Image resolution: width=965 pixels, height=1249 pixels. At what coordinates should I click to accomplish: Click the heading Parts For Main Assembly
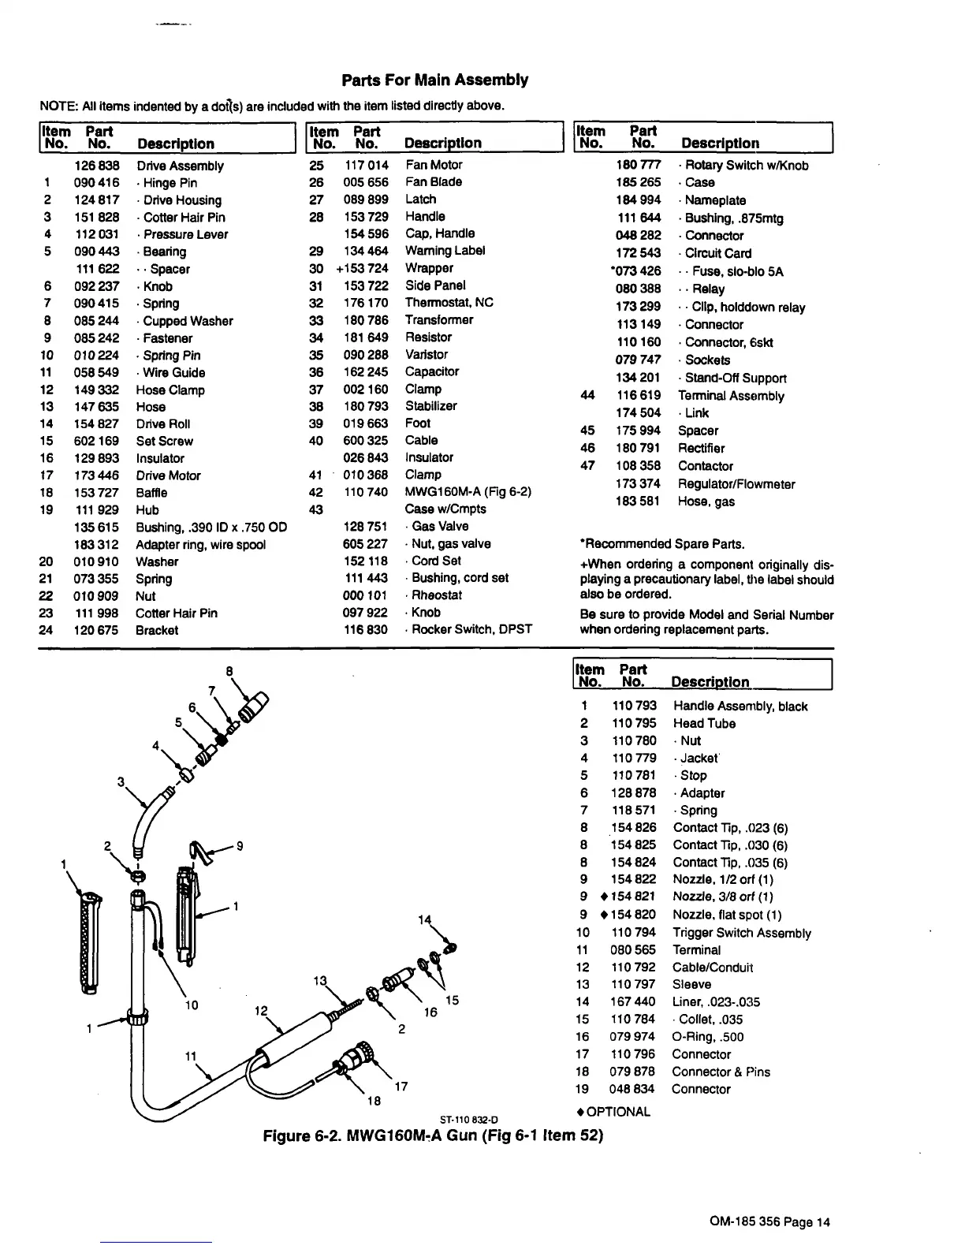434,80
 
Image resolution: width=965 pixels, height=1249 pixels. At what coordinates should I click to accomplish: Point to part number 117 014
367,165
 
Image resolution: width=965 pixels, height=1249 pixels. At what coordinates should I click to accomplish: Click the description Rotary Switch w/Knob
746,165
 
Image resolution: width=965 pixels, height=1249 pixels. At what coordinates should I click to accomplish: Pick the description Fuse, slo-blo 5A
738,271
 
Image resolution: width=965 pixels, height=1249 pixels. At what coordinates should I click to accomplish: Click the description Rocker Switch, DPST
471,629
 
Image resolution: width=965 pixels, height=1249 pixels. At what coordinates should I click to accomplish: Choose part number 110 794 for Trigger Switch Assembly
633,933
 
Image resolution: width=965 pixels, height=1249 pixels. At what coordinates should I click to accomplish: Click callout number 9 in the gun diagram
239,846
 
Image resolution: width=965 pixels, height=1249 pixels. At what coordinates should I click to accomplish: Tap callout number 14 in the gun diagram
425,919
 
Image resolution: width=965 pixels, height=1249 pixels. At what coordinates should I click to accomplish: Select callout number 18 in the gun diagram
374,1101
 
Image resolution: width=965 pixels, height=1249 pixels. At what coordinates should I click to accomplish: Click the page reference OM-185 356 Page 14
769,1222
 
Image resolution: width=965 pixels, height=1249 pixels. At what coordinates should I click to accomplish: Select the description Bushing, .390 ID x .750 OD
211,528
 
